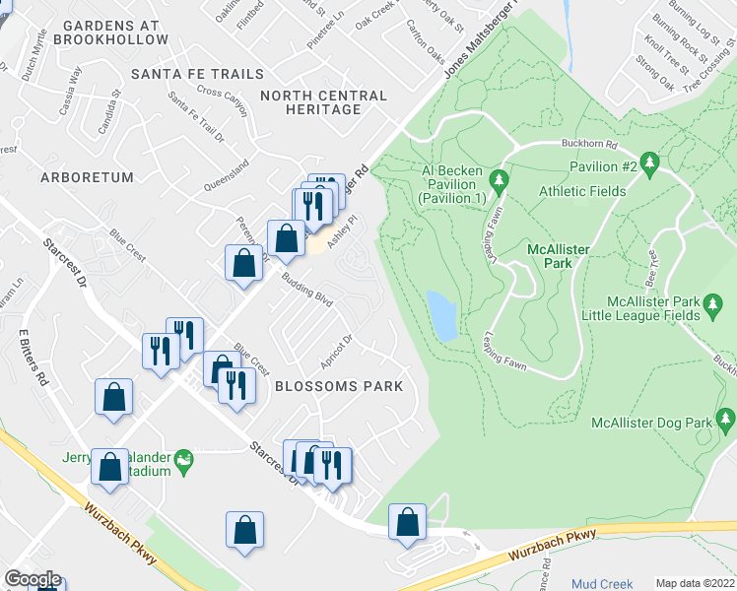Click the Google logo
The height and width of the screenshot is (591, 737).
click(x=33, y=579)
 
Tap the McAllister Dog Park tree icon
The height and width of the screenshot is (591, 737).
click(x=726, y=423)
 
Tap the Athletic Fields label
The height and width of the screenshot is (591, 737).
click(x=581, y=191)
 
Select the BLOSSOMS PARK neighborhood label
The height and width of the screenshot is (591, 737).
click(x=339, y=386)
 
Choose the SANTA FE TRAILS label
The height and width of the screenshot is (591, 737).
click(x=198, y=74)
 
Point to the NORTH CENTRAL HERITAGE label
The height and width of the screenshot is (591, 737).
click(x=324, y=102)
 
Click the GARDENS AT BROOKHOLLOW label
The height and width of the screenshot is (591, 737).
click(x=111, y=32)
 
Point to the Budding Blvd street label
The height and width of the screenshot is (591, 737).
click(x=308, y=294)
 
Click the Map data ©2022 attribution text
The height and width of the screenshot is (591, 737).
click(x=695, y=583)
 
